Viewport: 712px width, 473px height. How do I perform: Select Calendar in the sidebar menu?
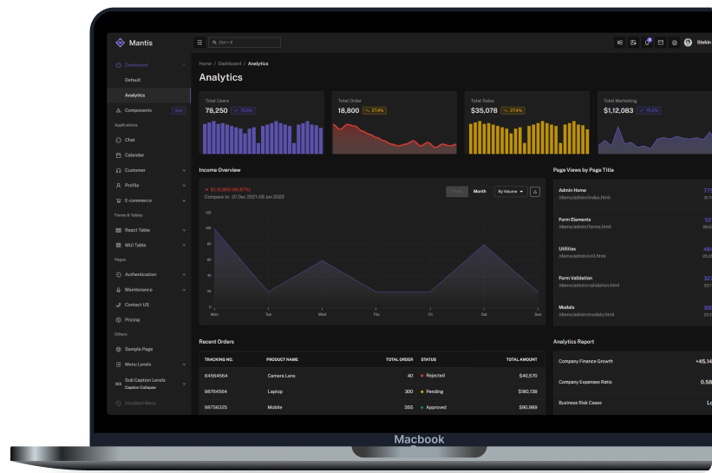(134, 155)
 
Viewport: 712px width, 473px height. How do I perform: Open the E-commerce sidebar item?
(139, 200)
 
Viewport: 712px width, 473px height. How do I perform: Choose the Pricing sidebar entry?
(132, 319)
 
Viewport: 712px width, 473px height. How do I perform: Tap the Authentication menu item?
(140, 274)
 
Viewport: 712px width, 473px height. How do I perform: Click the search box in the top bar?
(245, 43)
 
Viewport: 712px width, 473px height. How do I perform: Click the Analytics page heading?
(221, 77)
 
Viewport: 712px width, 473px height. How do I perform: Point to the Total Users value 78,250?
(217, 110)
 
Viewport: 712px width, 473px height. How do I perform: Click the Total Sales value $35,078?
(484, 110)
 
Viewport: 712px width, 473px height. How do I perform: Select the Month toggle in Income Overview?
(480, 191)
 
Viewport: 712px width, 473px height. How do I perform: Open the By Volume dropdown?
(510, 191)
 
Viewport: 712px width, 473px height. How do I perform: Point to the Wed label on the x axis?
(323, 314)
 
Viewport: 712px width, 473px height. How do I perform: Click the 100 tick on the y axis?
(208, 227)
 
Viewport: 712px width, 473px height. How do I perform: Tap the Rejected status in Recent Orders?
(435, 376)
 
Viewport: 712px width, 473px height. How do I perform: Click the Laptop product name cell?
(277, 391)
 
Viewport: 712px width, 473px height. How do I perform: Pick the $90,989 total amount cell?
(527, 407)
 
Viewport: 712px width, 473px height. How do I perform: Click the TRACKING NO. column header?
(219, 359)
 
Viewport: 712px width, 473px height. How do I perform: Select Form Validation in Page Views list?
(577, 278)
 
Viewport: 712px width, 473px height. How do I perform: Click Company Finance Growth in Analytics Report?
(585, 361)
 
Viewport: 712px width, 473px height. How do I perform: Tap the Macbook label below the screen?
(419, 439)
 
